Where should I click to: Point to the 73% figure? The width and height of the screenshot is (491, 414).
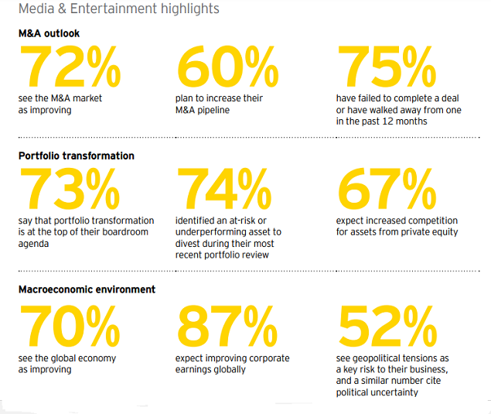pyautogui.click(x=70, y=189)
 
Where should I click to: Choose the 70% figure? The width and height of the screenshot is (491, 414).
pyautogui.click(x=70, y=325)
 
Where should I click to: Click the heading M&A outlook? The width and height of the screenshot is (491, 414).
pyautogui.click(x=49, y=33)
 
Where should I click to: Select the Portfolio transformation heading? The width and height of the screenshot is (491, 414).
pyautogui.click(x=76, y=156)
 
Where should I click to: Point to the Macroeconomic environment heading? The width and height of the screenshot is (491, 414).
pyautogui.click(x=87, y=289)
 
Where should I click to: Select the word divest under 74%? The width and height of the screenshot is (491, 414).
pyautogui.click(x=189, y=243)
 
